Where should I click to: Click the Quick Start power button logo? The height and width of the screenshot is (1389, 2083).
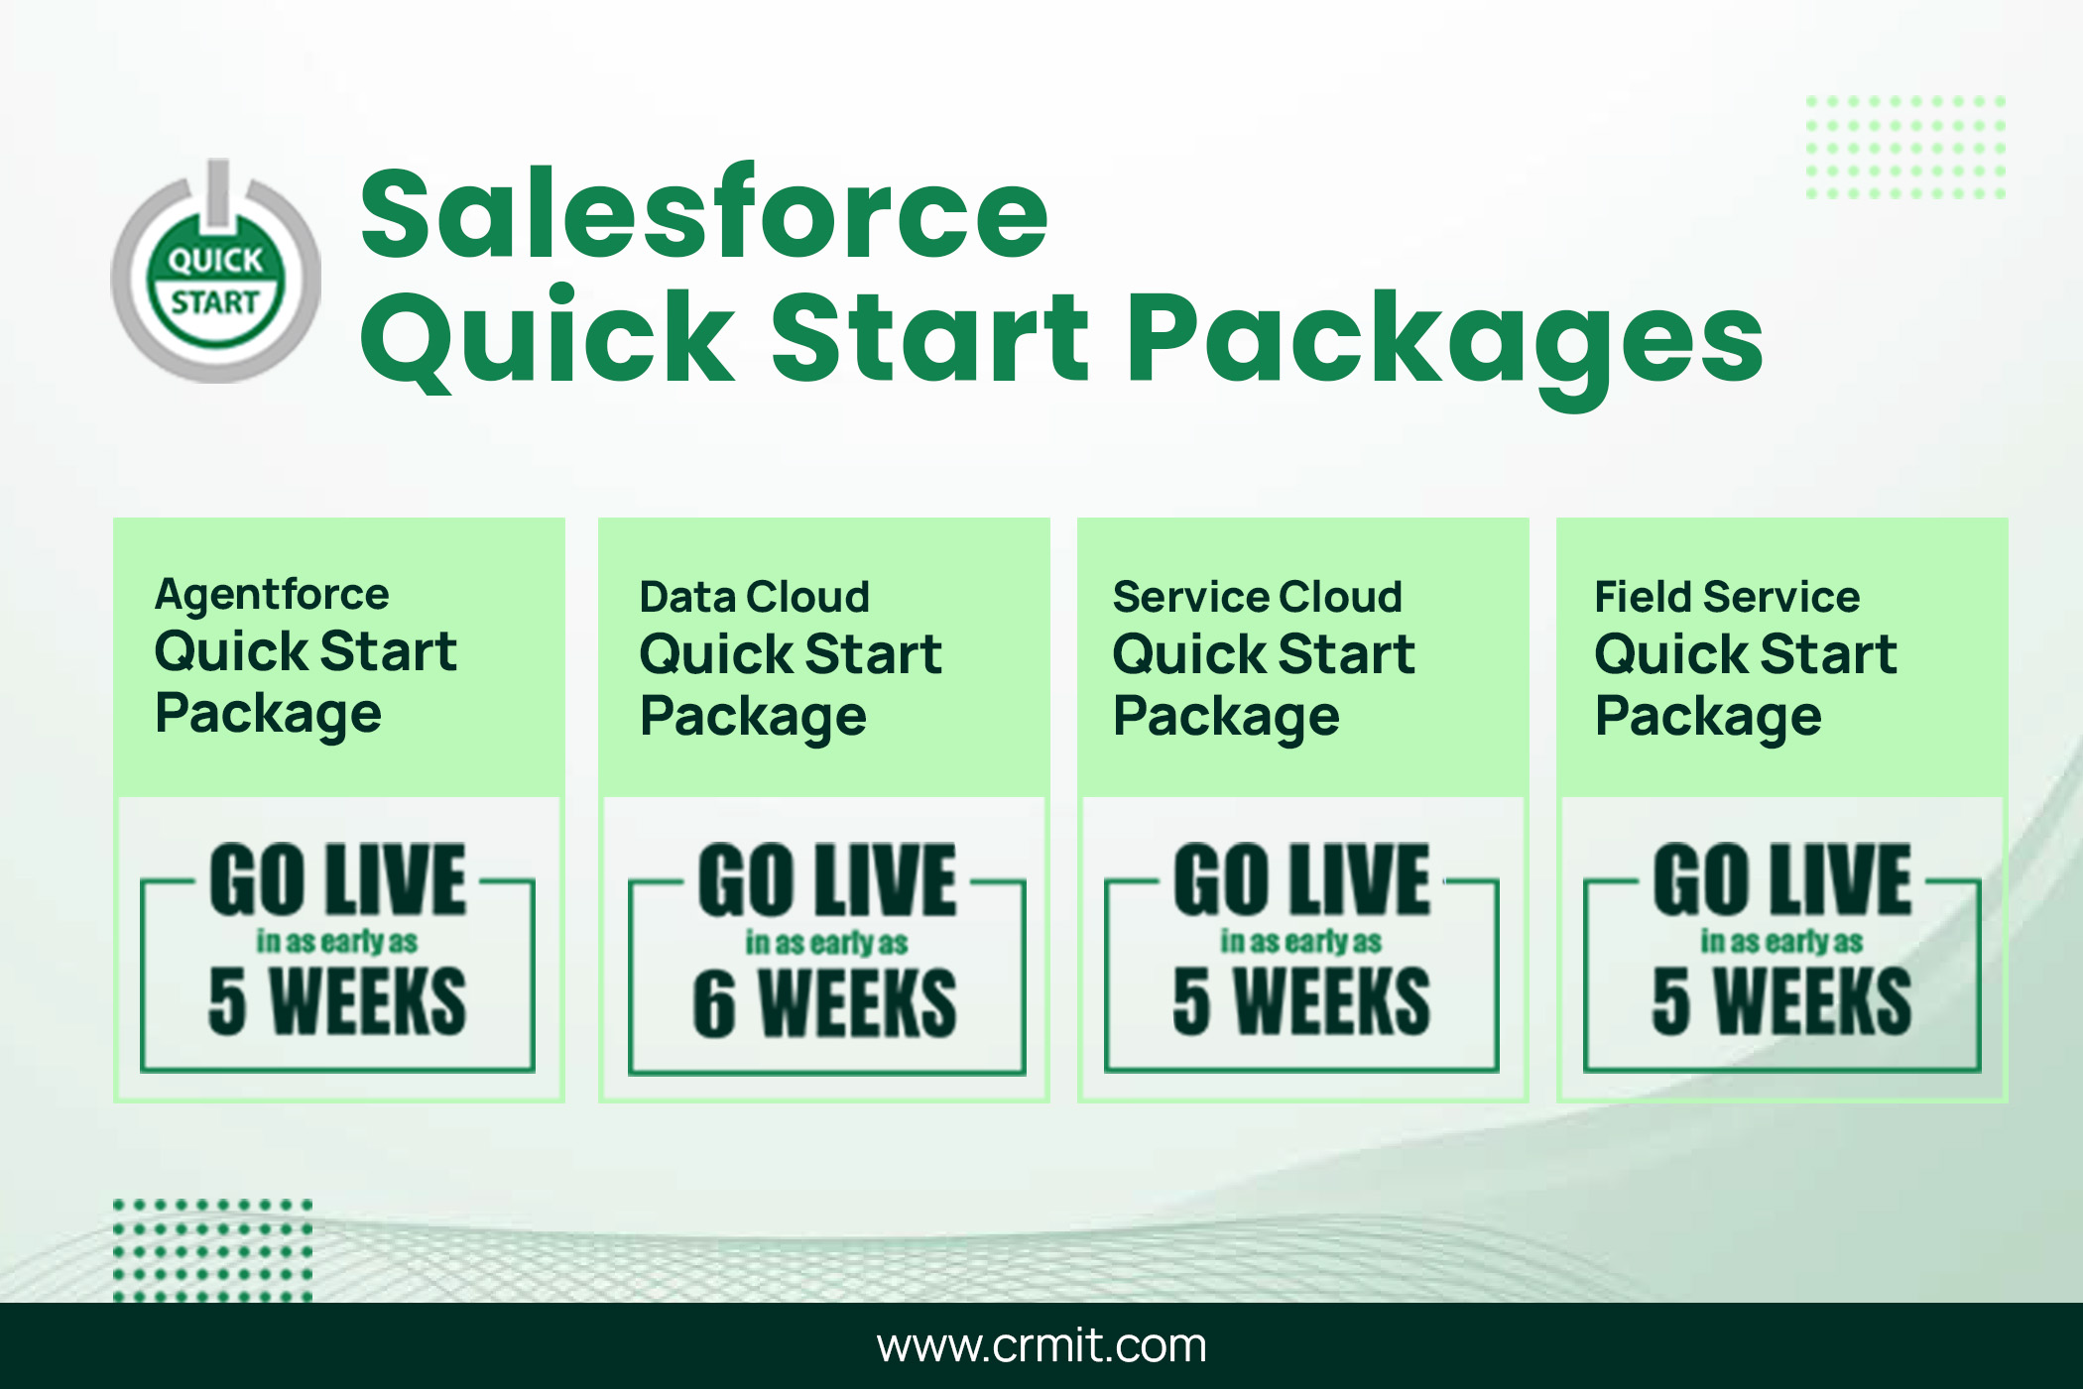point(216,272)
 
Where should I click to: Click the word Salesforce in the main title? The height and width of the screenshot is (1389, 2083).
point(704,213)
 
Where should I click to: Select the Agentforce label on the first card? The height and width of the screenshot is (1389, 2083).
point(272,596)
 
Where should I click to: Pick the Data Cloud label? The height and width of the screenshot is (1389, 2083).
point(754,597)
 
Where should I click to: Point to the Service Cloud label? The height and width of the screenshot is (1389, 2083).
point(1258,597)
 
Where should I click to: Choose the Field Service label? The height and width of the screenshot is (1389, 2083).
point(1727,597)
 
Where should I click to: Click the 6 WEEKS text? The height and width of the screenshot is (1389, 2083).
point(825,1004)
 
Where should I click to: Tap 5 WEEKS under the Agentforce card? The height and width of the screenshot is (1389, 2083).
point(337,1001)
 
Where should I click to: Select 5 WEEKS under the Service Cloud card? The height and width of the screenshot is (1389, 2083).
point(1301,1001)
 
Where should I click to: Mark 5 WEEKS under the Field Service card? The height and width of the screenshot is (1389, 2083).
point(1781,1001)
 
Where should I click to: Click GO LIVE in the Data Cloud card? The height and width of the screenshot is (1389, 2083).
point(827,880)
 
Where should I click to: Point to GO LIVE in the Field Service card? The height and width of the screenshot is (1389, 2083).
point(1781,878)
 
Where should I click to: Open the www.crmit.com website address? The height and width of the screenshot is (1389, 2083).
point(1041,1345)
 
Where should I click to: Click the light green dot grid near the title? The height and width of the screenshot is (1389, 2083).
point(1905,148)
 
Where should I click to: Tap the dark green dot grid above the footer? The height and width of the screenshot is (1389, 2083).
point(213,1250)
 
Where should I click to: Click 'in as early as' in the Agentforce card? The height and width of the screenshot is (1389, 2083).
point(337,941)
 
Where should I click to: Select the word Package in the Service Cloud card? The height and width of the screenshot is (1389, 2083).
point(1226,717)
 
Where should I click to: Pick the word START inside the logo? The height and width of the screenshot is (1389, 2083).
point(215,301)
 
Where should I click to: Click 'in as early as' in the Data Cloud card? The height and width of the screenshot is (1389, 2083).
point(826,943)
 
